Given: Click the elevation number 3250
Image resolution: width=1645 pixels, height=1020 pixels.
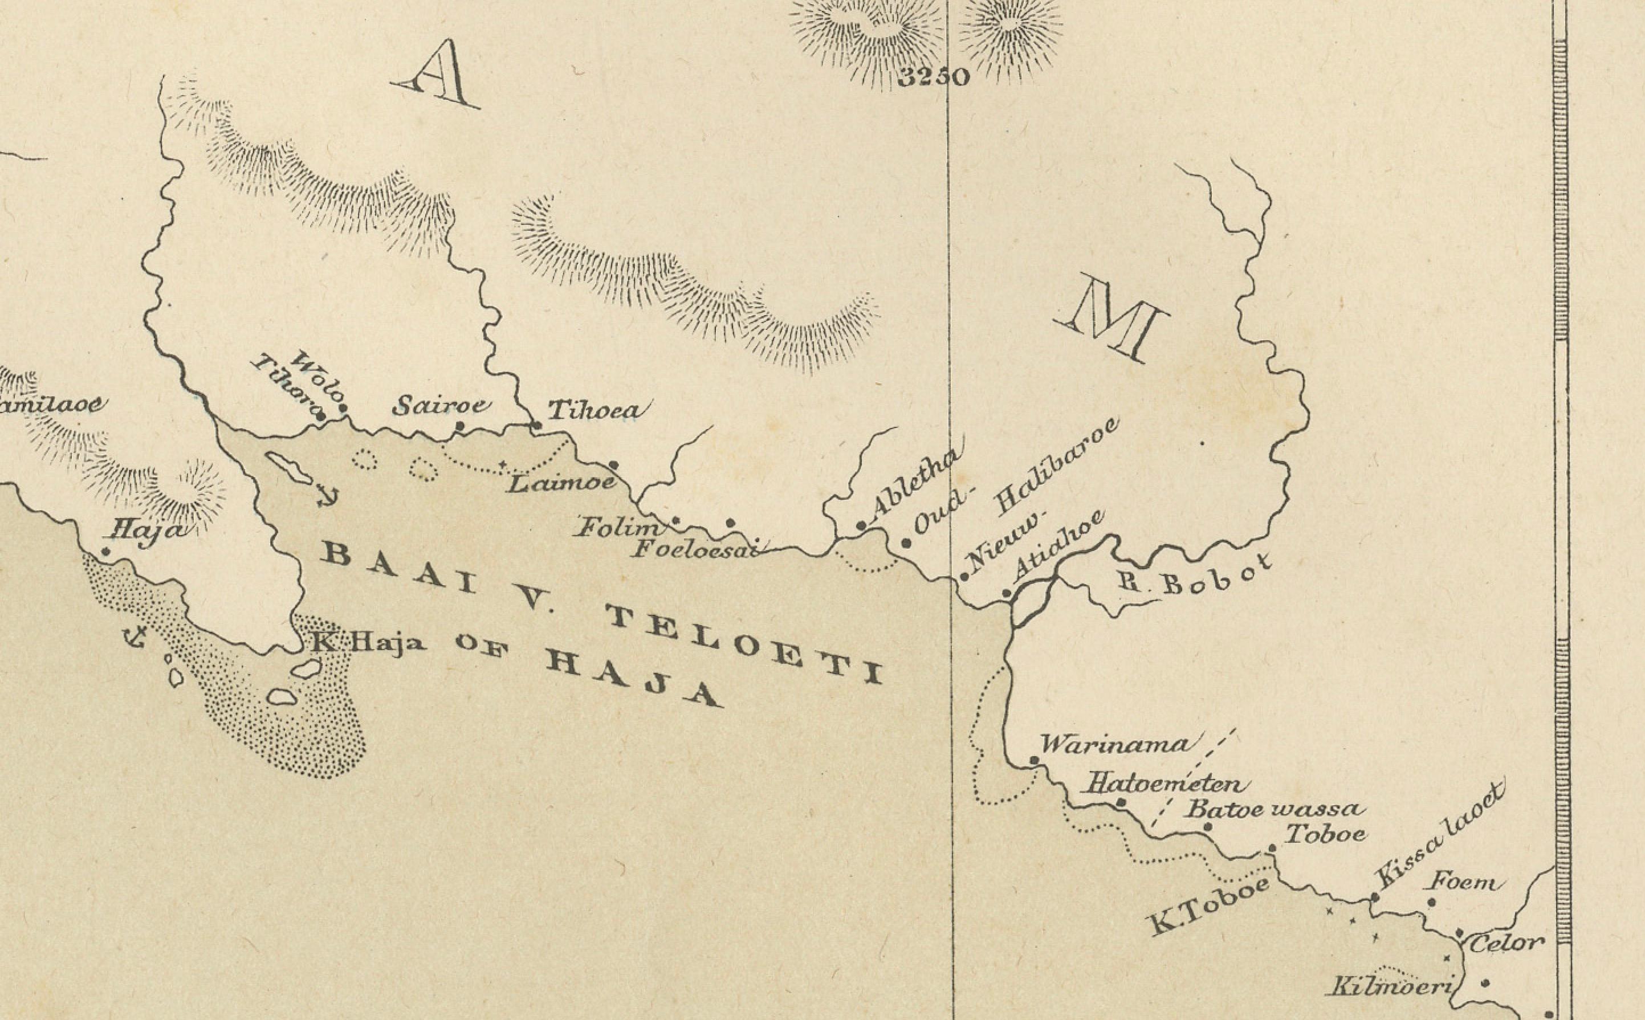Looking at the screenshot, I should (935, 77).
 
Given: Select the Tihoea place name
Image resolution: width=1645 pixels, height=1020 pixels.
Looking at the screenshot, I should (598, 410).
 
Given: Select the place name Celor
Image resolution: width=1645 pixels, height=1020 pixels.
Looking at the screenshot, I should (1506, 943).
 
